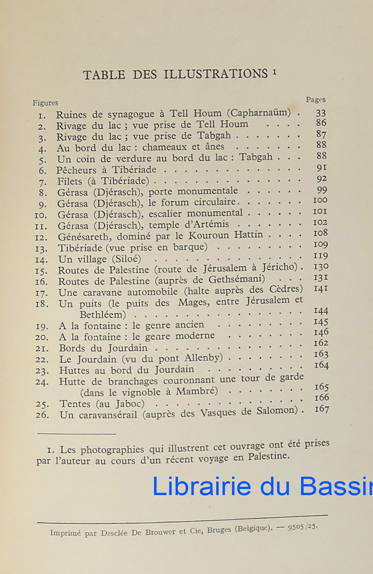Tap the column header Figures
(x=45, y=103)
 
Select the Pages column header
(x=316, y=100)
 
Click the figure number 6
(x=43, y=170)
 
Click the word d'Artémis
(x=208, y=224)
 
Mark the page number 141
(x=320, y=288)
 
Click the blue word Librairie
(x=201, y=486)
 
